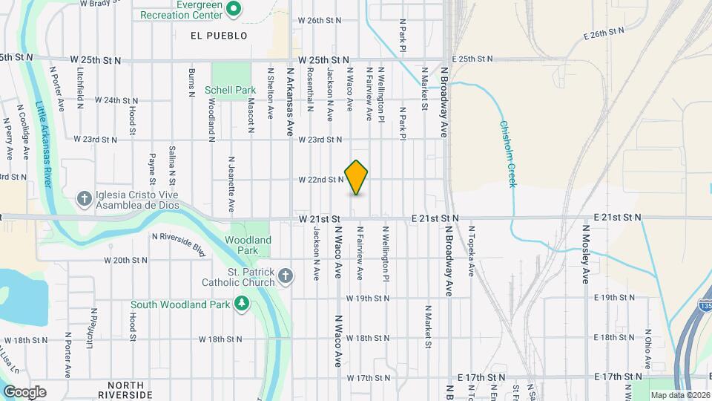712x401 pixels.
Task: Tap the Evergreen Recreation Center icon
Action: point(234,9)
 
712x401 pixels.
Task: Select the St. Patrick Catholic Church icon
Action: point(286,277)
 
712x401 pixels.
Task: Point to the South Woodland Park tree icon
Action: point(241,304)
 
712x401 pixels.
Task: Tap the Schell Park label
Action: point(230,91)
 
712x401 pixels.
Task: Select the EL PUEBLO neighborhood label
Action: point(218,35)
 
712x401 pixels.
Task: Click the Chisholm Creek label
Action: point(507,154)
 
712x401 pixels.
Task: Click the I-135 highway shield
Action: point(705,304)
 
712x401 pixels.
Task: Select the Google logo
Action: point(24,391)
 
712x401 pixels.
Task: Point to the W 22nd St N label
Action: point(321,180)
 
